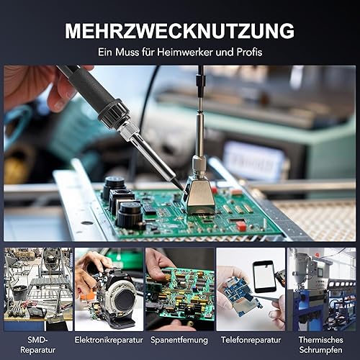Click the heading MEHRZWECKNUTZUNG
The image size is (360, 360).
(179, 31)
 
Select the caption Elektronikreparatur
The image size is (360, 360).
(109, 340)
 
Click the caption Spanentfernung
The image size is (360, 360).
(179, 340)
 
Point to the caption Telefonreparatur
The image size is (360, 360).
(251, 340)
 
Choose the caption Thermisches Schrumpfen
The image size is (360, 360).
(321, 345)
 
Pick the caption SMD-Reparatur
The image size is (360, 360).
(37, 345)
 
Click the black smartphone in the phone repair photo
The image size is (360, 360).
(264, 276)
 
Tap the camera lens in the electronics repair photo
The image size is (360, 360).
(124, 298)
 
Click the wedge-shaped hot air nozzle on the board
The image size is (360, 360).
(198, 196)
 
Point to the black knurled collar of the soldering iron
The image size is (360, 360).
(114, 114)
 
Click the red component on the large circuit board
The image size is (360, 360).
(240, 225)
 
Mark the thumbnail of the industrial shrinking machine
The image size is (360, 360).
(322, 289)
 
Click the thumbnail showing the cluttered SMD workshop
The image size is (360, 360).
(38, 289)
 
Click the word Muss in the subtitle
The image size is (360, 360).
(127, 52)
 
